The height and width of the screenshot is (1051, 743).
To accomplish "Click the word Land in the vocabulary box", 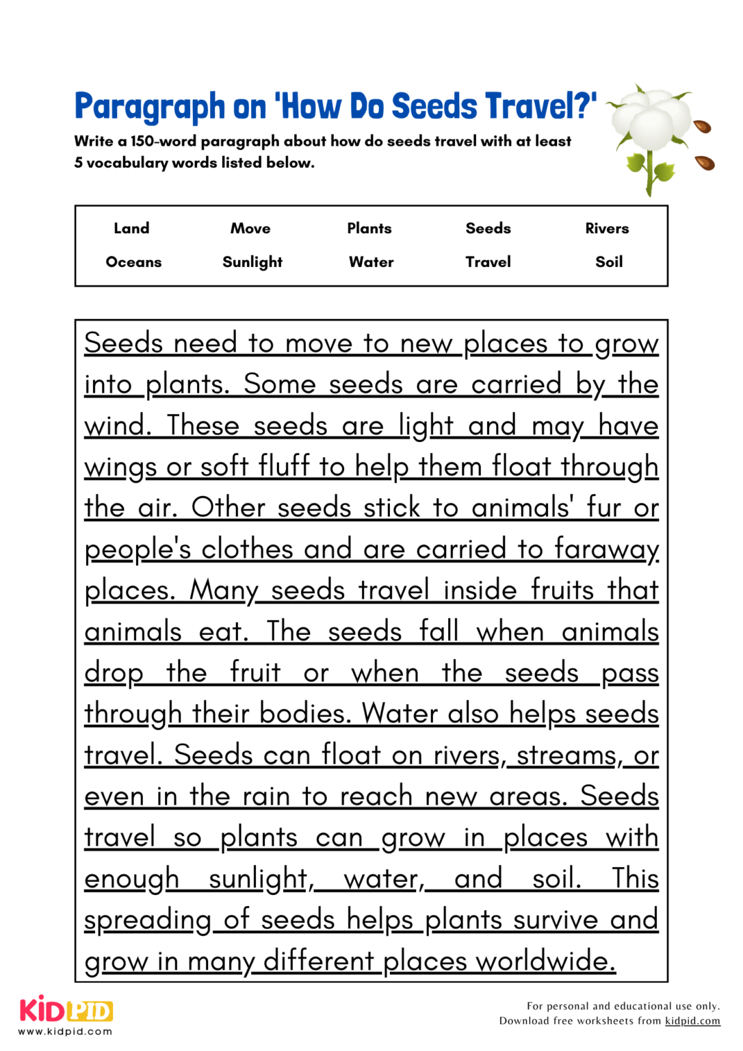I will point(131,229).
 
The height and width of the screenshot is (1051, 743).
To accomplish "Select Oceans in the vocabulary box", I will point(133,262).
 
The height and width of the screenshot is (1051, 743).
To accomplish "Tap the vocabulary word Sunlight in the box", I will point(252,262).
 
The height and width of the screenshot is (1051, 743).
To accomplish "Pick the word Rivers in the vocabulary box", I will point(607,229).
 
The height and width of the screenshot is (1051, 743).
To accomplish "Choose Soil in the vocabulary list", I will point(609,262).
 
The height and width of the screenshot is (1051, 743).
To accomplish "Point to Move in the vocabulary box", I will point(250,229).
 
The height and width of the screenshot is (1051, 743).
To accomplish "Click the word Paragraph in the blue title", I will point(150,107).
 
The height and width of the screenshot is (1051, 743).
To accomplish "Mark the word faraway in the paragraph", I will point(606,549).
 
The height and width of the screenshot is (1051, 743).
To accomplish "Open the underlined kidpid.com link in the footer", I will point(692,1021).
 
